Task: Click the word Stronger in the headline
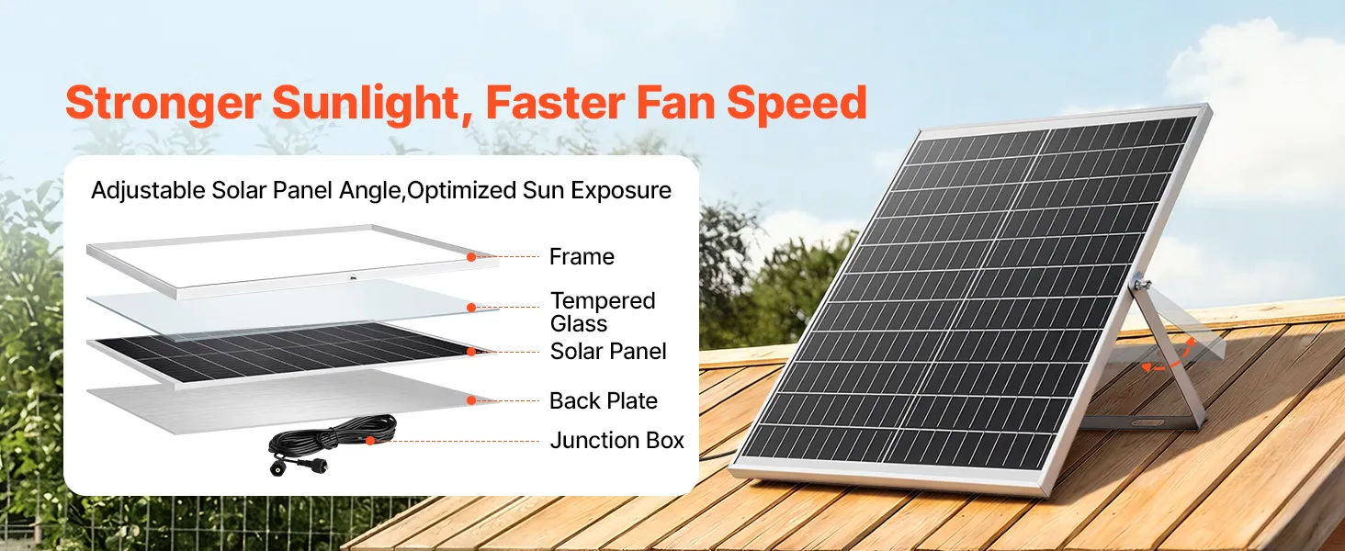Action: coord(163,103)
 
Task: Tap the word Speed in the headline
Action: coord(797,103)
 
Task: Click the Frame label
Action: coord(582,257)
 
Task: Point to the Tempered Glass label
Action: coord(603,312)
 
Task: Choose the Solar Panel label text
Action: coord(607,352)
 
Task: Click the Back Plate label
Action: coord(604,401)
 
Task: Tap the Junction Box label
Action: coord(616,441)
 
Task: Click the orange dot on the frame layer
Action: coord(471,257)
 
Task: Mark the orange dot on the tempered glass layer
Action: coord(471,308)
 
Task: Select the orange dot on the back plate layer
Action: coord(471,400)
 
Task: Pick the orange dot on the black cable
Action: coord(370,441)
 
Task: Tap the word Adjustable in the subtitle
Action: coord(148,191)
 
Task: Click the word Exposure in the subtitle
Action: coord(621,191)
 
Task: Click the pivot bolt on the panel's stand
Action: coord(1139,283)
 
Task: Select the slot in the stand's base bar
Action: coord(1147,422)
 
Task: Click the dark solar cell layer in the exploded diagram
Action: coord(288,351)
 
